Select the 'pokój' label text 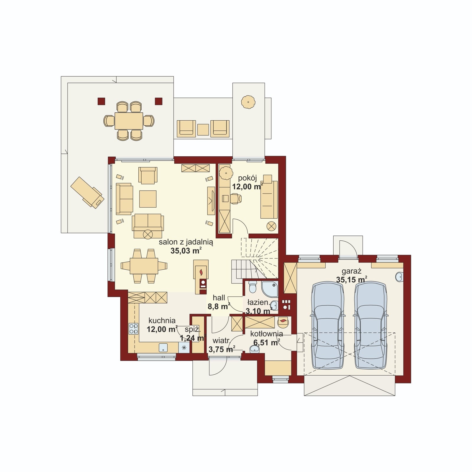tap(248, 178)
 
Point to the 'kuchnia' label tap(162, 321)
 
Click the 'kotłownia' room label tap(267, 334)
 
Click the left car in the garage tap(328, 325)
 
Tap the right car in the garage tap(371, 325)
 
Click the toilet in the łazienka tap(253, 286)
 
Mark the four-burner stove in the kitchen tap(133, 329)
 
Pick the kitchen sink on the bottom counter tap(163, 348)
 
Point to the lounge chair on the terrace tap(87, 192)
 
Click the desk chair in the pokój tap(236, 199)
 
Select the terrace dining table tap(129, 121)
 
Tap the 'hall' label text tap(219, 298)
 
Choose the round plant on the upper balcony tap(248, 102)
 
